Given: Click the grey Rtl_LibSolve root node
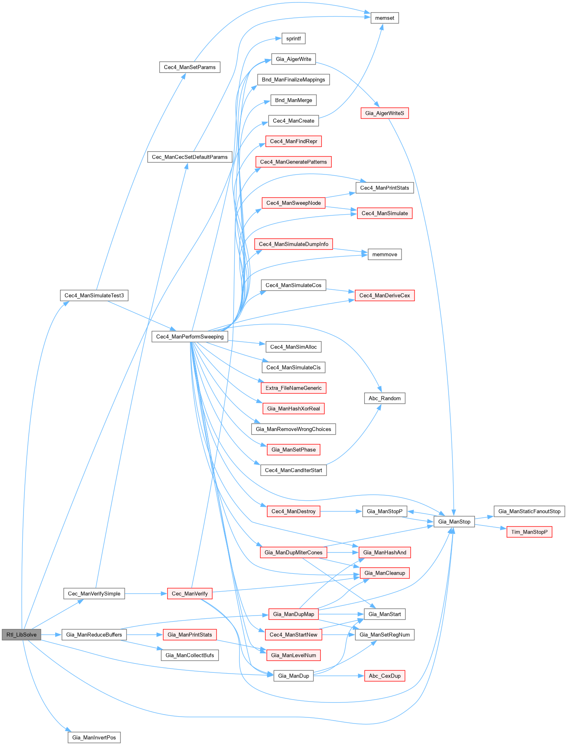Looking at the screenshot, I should click(x=21, y=635).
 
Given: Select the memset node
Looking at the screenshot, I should click(x=384, y=18).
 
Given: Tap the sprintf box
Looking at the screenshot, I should click(x=294, y=39).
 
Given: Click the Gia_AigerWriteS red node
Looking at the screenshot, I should click(x=384, y=113).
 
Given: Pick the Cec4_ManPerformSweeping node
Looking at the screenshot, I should click(x=190, y=337).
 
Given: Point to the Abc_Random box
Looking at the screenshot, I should click(x=384, y=398).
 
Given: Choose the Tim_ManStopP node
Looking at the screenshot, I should click(x=529, y=532).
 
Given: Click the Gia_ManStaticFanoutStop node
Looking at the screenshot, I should click(x=529, y=511).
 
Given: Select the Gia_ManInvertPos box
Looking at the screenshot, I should click(x=94, y=737).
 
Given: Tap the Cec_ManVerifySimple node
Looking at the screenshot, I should click(x=94, y=594).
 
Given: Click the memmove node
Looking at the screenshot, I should click(x=384, y=254).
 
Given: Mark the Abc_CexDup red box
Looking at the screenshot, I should click(x=384, y=676).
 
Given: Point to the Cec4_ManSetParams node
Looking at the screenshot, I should click(x=190, y=67).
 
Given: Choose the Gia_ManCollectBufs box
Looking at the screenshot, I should click(x=190, y=655).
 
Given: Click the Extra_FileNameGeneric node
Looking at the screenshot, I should click(x=294, y=388).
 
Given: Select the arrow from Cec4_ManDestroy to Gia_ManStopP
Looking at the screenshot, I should click(x=341, y=511).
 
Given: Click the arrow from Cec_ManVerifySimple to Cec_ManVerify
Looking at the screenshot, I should click(x=146, y=594).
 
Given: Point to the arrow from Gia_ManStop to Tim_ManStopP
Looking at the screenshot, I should click(x=491, y=527).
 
